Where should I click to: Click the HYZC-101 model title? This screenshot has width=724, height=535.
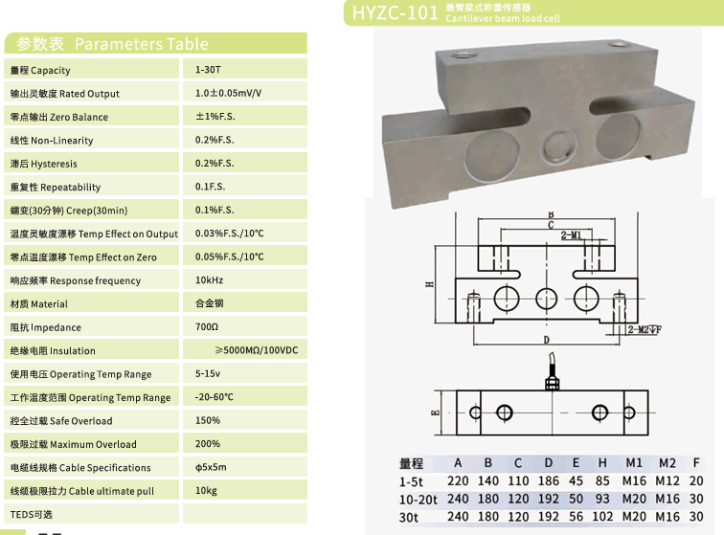click(395, 12)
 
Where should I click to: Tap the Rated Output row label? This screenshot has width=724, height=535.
click(65, 94)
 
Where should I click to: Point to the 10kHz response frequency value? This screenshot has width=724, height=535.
click(209, 280)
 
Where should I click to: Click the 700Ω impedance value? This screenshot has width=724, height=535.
click(206, 327)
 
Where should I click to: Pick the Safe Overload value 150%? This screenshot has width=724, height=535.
click(208, 420)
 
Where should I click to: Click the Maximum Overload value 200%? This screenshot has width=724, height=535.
click(208, 444)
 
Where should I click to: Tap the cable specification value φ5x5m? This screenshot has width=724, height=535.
click(211, 467)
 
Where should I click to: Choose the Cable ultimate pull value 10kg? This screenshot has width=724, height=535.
click(206, 491)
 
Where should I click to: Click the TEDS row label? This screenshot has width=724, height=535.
click(33, 515)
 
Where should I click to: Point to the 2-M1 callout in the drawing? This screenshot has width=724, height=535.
click(571, 235)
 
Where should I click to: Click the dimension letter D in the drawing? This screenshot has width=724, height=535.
click(546, 340)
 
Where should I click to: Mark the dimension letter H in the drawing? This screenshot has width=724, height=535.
click(432, 284)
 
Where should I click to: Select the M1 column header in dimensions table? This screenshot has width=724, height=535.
click(634, 463)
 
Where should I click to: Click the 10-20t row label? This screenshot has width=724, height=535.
click(419, 499)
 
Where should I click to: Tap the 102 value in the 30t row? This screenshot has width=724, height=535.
click(602, 517)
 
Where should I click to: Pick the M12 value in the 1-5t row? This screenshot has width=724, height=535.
click(667, 481)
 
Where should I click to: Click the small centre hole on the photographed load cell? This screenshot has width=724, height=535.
click(556, 145)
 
